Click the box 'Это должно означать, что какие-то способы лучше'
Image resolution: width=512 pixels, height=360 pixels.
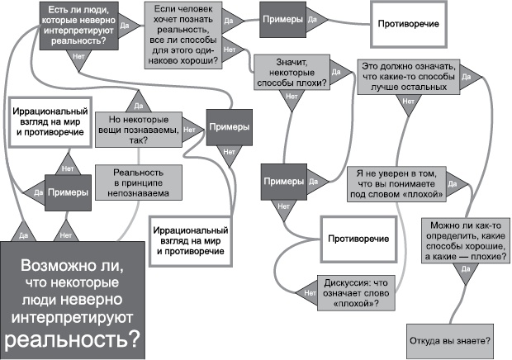click(x=407, y=74)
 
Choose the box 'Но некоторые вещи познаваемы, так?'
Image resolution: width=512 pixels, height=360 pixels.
click(x=135, y=128)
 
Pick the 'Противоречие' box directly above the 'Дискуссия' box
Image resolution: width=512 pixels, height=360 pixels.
click(x=358, y=238)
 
